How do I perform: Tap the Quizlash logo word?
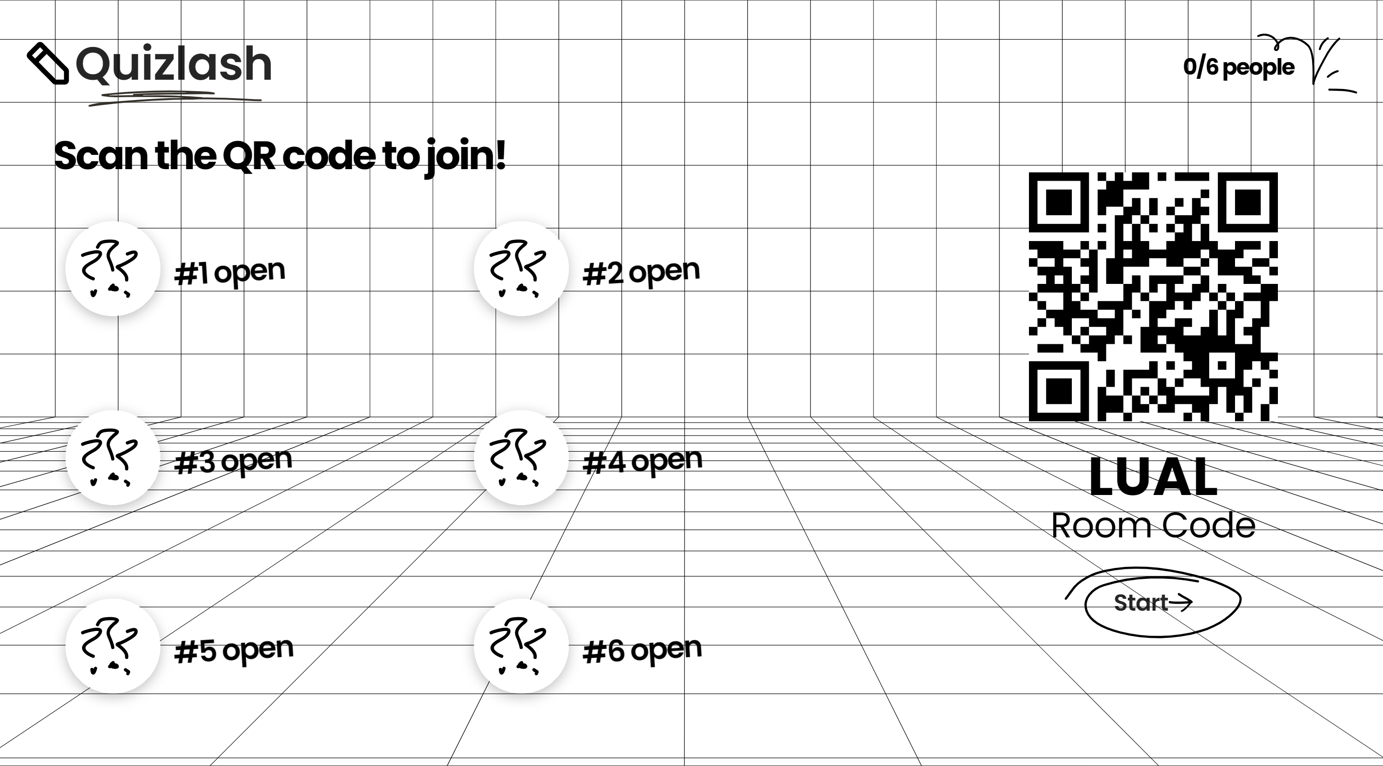(x=173, y=65)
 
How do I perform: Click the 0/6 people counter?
(x=1239, y=66)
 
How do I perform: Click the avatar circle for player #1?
(x=113, y=268)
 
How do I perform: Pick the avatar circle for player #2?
(x=521, y=268)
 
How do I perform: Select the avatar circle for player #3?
(x=113, y=457)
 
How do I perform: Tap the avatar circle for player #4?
(x=521, y=457)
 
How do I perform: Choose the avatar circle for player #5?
(x=113, y=646)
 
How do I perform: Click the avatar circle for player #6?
(x=521, y=646)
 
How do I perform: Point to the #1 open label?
(x=230, y=272)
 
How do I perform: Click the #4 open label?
(x=642, y=461)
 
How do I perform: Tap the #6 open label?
(x=642, y=650)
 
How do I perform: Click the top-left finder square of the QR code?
(x=1059, y=202)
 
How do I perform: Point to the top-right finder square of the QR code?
(x=1247, y=202)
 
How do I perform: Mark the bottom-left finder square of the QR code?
(x=1059, y=391)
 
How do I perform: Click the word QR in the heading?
(x=249, y=156)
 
